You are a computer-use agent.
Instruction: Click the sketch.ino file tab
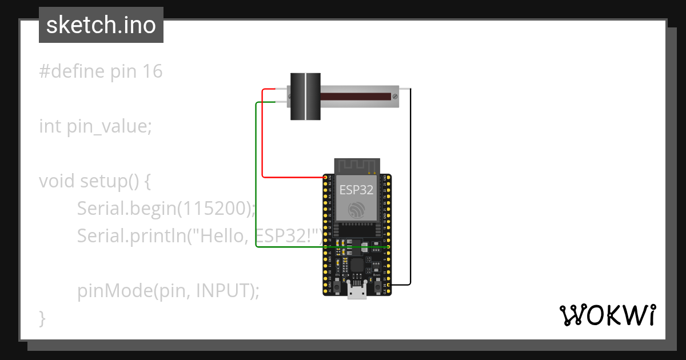click(101, 25)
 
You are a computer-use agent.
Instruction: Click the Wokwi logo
click(607, 315)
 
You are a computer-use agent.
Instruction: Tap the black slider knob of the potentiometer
click(305, 96)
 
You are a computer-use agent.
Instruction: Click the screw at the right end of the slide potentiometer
click(394, 96)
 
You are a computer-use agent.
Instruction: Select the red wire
click(262, 137)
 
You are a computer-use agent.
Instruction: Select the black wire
click(410, 189)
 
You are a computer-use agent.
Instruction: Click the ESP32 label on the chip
click(357, 190)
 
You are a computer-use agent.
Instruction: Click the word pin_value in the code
click(109, 126)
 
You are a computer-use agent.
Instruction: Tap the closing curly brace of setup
click(42, 318)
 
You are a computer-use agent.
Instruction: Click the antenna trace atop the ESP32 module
click(357, 166)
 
